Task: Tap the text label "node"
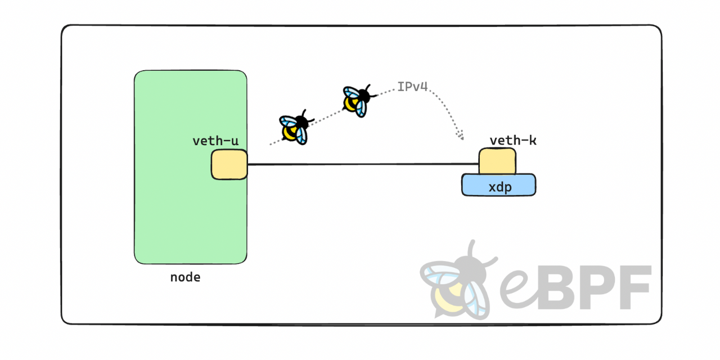click(x=185, y=277)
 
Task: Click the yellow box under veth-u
click(x=229, y=164)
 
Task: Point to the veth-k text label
click(x=512, y=141)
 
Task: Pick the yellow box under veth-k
click(x=497, y=161)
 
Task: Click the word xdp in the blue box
click(x=499, y=187)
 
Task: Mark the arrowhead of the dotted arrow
click(x=461, y=136)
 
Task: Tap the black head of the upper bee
click(x=366, y=95)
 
